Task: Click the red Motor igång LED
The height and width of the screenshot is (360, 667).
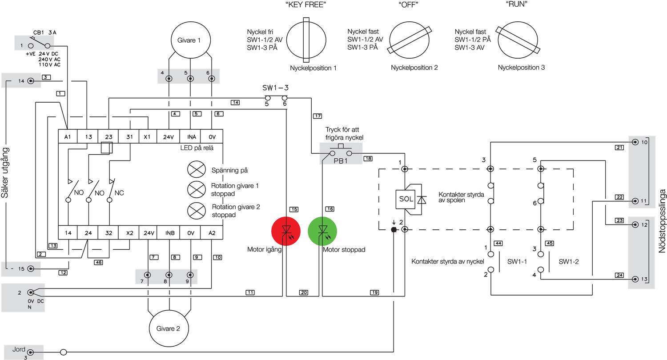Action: click(x=286, y=231)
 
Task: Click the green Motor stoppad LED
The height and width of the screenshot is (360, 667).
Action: click(x=322, y=231)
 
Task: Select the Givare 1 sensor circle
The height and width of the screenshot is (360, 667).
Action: click(x=191, y=40)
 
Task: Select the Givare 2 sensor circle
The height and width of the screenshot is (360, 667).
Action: click(x=169, y=328)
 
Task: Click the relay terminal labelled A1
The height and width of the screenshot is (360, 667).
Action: click(x=68, y=136)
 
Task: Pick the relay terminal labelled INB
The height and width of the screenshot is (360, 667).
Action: click(x=170, y=232)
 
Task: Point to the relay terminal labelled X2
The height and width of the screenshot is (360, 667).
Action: click(x=129, y=232)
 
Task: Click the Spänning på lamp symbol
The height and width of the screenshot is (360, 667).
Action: click(x=197, y=169)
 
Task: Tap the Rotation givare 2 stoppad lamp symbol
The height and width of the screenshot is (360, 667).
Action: click(x=197, y=211)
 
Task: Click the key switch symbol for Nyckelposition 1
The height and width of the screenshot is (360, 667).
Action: click(x=306, y=40)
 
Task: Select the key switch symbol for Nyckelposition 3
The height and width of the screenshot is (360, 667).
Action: click(x=518, y=40)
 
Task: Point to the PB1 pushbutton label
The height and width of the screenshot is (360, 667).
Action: click(x=341, y=161)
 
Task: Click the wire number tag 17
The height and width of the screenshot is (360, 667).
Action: click(x=317, y=116)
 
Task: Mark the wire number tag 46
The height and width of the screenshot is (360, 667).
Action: click(x=99, y=262)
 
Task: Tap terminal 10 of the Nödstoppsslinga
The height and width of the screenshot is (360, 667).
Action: click(x=635, y=142)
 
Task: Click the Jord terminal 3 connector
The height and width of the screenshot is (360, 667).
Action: click(x=30, y=352)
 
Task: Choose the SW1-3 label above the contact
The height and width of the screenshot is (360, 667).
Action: click(x=275, y=88)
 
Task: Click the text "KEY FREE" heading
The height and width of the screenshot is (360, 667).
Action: click(x=306, y=5)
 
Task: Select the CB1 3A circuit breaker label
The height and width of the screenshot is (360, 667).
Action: click(x=44, y=32)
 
